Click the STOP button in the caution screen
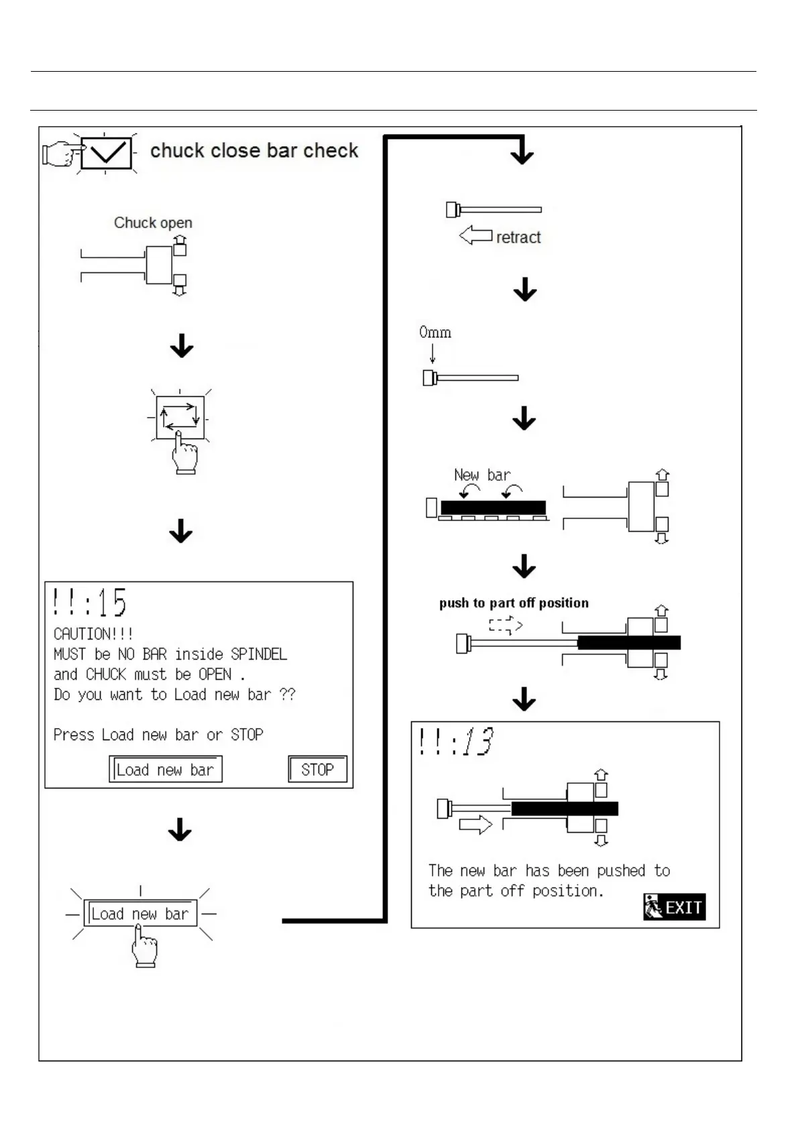point(318,769)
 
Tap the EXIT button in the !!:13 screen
point(674,907)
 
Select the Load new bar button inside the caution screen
point(166,769)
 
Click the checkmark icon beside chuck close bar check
point(106,154)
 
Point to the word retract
point(518,237)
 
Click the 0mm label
point(435,332)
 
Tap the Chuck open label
point(153,223)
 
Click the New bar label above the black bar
point(482,475)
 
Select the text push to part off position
point(514,603)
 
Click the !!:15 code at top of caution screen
point(90,602)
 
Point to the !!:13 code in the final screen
point(456,741)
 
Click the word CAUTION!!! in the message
point(93,634)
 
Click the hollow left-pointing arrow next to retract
point(475,235)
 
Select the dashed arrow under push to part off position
point(505,626)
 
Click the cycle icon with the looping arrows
point(180,416)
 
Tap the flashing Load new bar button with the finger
point(140,914)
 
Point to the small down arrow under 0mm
point(433,353)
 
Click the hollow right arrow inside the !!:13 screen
point(475,824)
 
